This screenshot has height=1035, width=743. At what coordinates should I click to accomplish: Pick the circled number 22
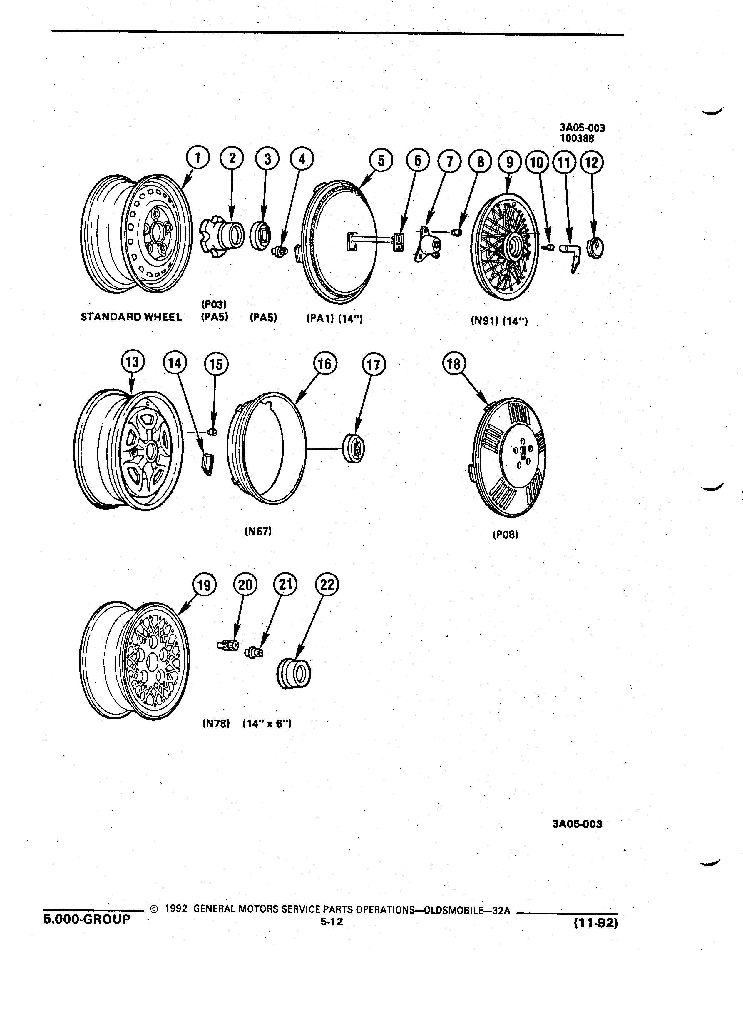coord(327,585)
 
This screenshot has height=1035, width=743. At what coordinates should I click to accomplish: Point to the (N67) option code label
coord(258,531)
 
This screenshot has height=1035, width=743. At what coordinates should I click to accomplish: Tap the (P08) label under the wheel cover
coord(505,534)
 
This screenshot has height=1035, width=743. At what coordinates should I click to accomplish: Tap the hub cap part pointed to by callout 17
coord(354,449)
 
